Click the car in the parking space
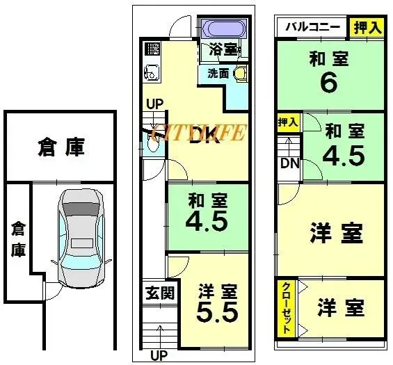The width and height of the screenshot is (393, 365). click(x=81, y=236)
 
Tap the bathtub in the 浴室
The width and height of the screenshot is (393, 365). click(x=223, y=30)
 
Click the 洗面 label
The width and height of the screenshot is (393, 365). click(x=218, y=72)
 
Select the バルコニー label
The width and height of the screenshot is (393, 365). click(x=312, y=27)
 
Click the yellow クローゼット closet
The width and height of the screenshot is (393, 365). click(x=286, y=308)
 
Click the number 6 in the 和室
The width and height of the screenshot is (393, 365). click(x=328, y=83)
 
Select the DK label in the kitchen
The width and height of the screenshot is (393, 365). click(x=205, y=135)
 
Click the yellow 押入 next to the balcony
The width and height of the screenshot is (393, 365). click(x=366, y=27)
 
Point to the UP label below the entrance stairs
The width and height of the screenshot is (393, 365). click(x=159, y=356)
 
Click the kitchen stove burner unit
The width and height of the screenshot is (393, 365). click(x=152, y=49)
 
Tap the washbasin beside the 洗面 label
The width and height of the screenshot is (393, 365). click(x=239, y=74)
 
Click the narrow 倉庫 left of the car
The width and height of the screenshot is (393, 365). click(x=17, y=238)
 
